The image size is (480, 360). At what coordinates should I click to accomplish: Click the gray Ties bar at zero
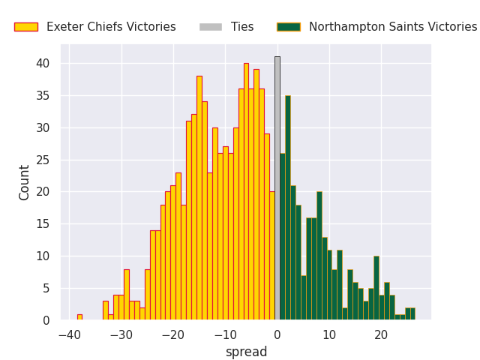(x=277, y=188)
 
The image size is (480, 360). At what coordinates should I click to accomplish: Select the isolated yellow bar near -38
(x=79, y=317)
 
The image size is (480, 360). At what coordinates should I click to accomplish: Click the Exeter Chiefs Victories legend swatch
(x=25, y=27)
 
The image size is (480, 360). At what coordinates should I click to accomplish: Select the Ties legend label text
(x=242, y=27)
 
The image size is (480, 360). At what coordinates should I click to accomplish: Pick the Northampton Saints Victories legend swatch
(x=289, y=27)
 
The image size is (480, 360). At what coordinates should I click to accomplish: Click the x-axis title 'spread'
(x=246, y=352)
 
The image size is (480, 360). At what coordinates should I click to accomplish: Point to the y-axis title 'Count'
(x=25, y=182)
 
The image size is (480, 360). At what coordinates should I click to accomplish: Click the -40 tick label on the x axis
(x=69, y=334)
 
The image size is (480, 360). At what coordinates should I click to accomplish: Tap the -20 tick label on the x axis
(x=173, y=334)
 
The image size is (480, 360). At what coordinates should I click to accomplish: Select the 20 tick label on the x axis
(x=381, y=334)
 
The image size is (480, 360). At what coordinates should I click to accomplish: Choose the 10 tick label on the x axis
(x=329, y=334)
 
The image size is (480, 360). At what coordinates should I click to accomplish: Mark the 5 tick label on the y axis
(x=46, y=288)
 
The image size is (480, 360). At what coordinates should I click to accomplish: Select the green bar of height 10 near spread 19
(x=376, y=288)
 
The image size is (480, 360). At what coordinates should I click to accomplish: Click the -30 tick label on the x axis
(x=121, y=334)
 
